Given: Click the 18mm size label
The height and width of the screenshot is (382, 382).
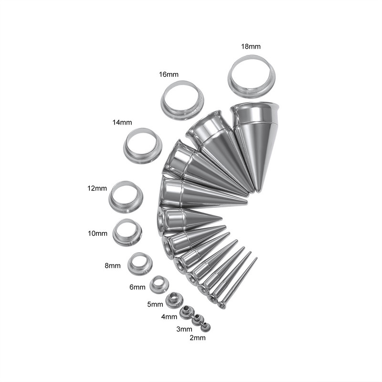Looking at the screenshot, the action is click(251, 46).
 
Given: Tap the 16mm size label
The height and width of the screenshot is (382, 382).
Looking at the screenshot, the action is click(169, 74).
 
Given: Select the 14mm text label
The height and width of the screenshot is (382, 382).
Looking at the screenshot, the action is click(122, 122).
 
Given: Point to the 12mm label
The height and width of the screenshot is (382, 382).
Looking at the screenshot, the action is click(97, 188).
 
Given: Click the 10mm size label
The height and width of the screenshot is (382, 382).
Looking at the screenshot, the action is click(97, 233).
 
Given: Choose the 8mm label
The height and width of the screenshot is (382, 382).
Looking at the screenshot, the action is click(113, 265).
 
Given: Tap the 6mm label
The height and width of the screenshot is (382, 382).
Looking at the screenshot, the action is click(138, 287).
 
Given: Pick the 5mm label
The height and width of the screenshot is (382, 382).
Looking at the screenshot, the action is click(155, 304).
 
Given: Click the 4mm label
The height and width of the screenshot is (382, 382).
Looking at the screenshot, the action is click(169, 317).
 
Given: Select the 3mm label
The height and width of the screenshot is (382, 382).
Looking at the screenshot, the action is click(184, 329).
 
